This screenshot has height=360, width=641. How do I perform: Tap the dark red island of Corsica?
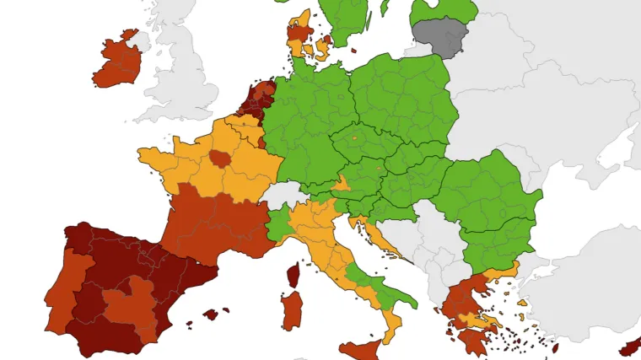(294, 274)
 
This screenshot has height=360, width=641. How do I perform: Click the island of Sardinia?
(291, 310)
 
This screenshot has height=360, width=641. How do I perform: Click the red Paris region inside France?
(220, 158)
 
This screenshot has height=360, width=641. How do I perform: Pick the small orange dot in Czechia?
(354, 137)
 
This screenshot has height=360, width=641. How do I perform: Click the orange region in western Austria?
(342, 183)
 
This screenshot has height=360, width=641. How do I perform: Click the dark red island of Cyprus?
(631, 347)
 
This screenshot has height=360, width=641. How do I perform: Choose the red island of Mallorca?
(210, 314)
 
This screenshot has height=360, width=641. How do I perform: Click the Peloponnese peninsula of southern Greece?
(473, 338)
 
